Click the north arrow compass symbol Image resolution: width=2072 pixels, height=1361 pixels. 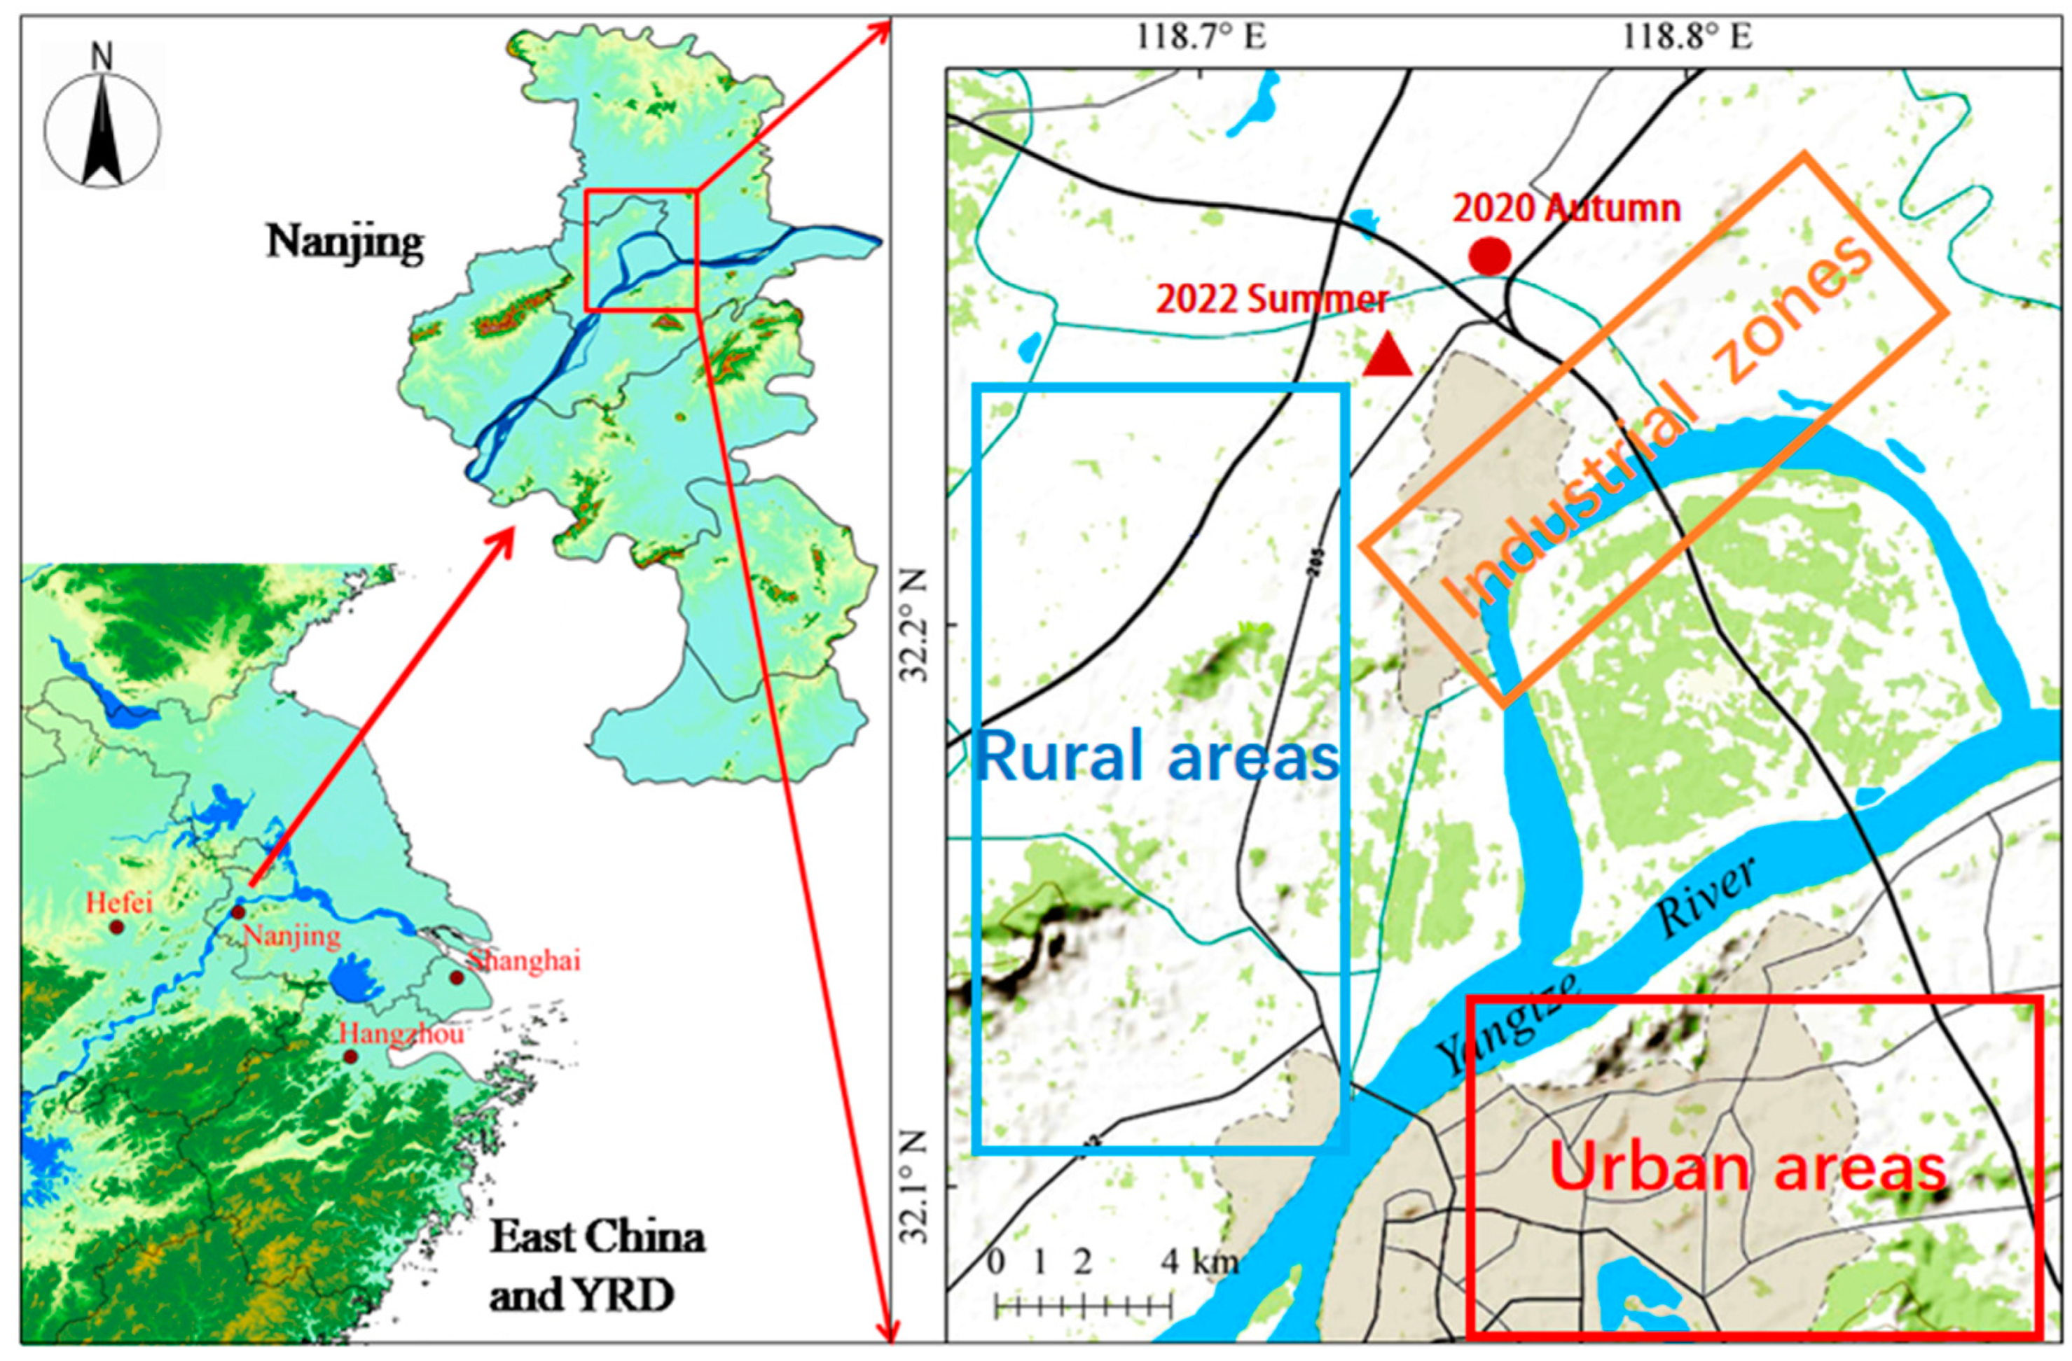[x=102, y=129]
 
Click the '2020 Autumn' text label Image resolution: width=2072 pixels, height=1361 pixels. [x=1566, y=209]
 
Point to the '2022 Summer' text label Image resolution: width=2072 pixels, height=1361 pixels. [x=1271, y=300]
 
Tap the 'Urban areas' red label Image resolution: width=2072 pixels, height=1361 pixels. [x=1748, y=1168]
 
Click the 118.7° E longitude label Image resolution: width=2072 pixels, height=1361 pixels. [x=1201, y=37]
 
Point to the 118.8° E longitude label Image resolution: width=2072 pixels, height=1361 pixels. [x=1686, y=37]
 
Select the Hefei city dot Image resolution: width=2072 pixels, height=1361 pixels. [x=117, y=928]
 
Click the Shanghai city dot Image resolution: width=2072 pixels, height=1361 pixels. [x=456, y=977]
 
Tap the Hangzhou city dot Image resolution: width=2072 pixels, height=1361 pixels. [x=350, y=1056]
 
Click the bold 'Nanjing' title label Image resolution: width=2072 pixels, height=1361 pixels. [x=345, y=242]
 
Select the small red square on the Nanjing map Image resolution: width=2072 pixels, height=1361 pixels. [x=642, y=250]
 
